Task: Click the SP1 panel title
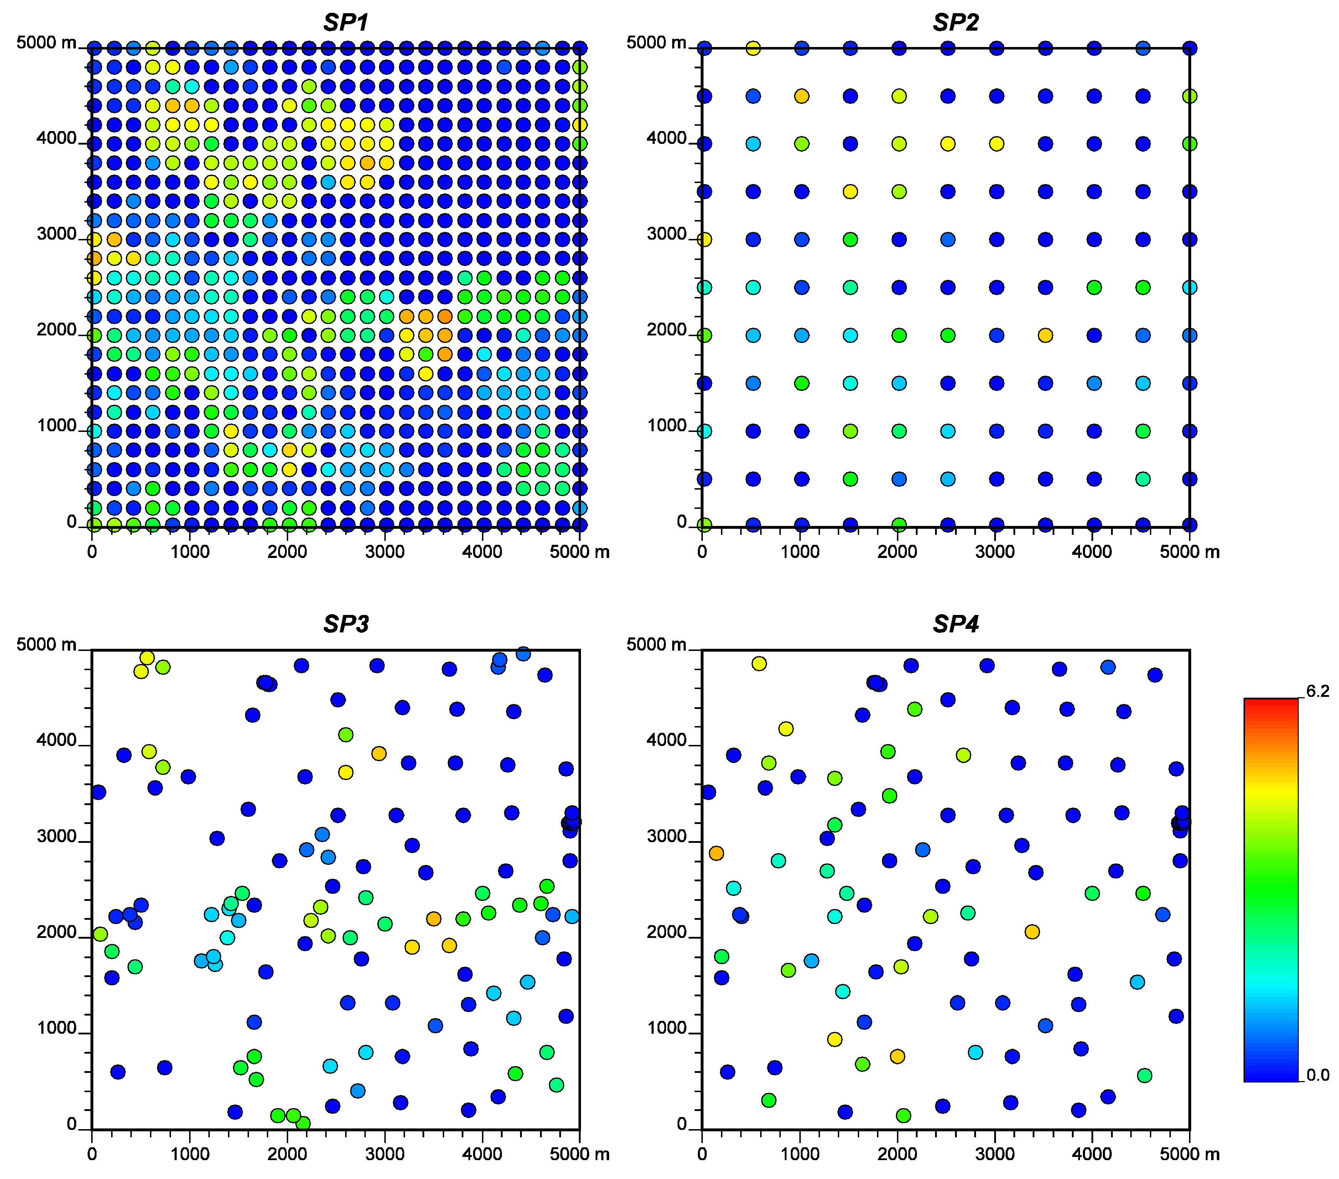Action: click(346, 22)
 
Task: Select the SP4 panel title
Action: click(955, 624)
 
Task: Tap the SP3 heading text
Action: click(346, 624)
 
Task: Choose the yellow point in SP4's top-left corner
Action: click(759, 663)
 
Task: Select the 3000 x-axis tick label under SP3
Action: click(385, 1154)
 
